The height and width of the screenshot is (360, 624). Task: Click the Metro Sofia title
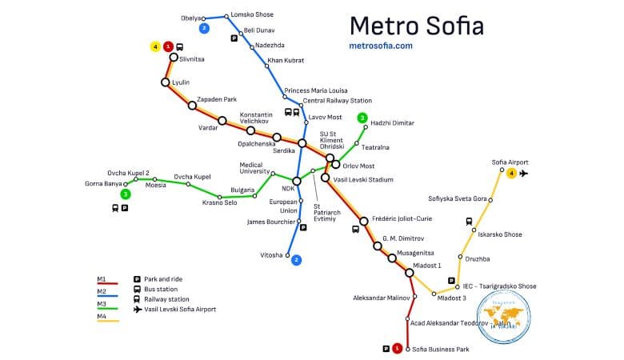point(417,24)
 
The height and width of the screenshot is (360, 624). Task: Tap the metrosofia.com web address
point(382,46)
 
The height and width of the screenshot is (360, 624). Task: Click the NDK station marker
point(297,181)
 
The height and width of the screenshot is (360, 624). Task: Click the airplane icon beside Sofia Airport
point(524,173)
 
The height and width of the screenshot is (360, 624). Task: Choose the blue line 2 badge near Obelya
point(205,29)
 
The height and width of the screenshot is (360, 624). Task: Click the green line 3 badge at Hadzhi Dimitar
point(362,118)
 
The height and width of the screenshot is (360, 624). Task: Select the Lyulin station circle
point(166,82)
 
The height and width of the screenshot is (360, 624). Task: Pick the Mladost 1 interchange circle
point(409,273)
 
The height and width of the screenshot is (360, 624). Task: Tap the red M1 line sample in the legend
point(108,283)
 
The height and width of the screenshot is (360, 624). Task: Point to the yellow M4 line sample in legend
point(108,321)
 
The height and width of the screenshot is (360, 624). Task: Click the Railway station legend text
point(167,298)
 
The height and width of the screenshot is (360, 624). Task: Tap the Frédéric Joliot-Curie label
point(402,218)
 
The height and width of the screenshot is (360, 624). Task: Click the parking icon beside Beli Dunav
point(234,38)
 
